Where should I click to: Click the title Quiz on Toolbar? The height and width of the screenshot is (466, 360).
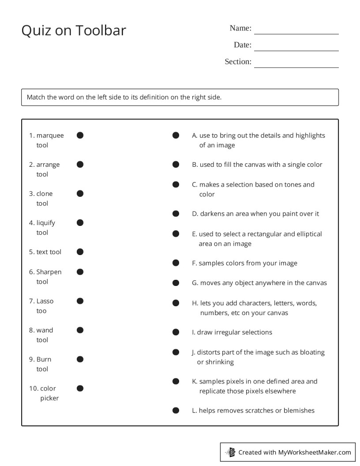[x=74, y=30]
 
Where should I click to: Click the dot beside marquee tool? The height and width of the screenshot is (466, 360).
[x=80, y=135]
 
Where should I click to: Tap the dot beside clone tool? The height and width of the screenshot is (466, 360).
[x=80, y=194]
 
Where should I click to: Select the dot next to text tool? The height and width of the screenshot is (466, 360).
[x=80, y=252]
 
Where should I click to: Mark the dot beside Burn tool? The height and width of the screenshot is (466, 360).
[x=80, y=359]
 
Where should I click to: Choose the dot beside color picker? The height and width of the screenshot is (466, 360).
[x=80, y=388]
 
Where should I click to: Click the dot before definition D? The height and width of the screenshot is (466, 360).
[x=176, y=214]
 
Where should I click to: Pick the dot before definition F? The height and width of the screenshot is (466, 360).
[x=176, y=263]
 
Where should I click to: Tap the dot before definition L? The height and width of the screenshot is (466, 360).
[x=176, y=411]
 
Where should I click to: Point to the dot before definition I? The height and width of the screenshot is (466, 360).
[x=176, y=332]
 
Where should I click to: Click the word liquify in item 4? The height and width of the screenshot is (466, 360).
[x=46, y=223]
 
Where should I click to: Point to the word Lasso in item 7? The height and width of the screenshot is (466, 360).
[x=45, y=301]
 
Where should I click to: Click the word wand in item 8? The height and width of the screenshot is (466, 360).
[x=45, y=330]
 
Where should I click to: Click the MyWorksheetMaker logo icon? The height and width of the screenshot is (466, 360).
[x=231, y=452]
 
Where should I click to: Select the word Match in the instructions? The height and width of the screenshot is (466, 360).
[x=36, y=97]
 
